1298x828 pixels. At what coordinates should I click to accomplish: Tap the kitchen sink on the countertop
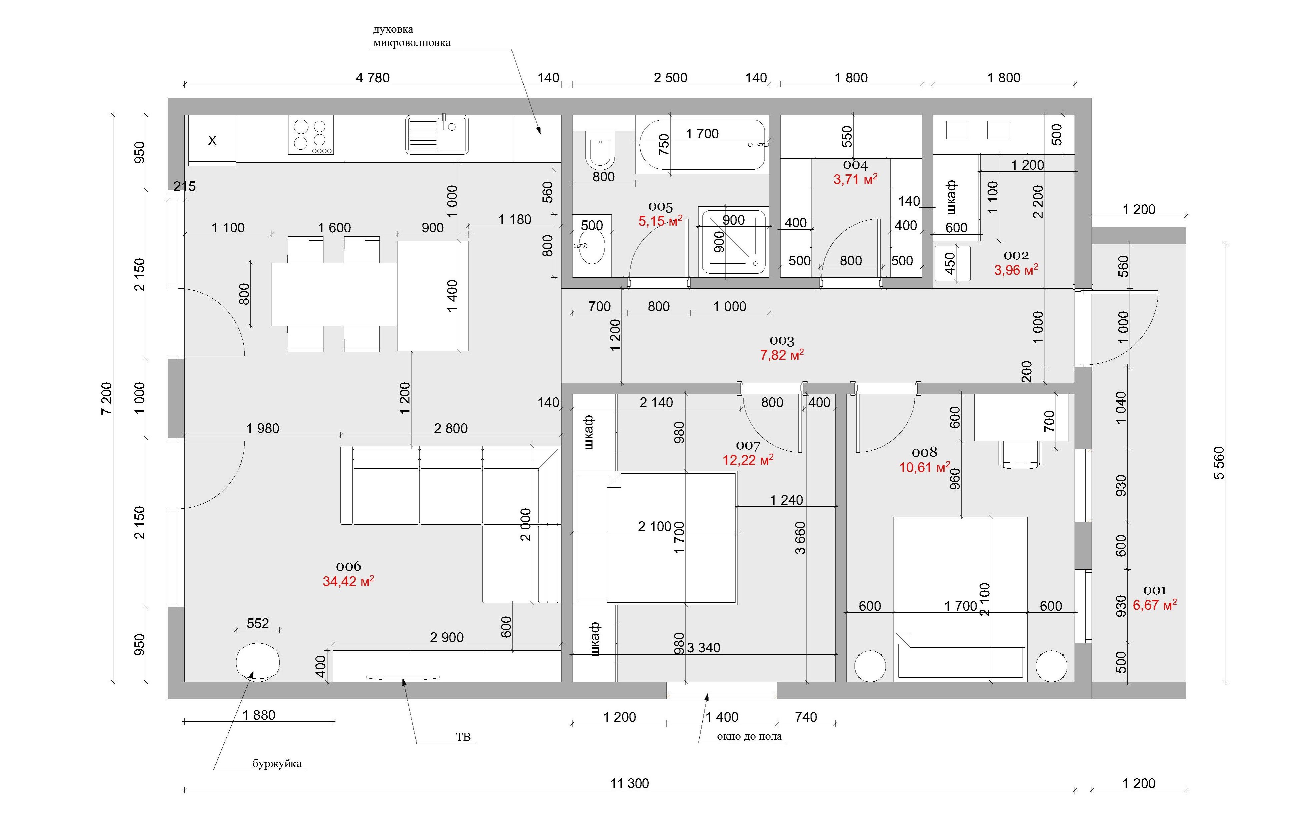tap(437, 135)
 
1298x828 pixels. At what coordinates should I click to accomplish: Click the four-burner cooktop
tap(310, 135)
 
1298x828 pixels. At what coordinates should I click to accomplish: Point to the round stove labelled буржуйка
tap(258, 662)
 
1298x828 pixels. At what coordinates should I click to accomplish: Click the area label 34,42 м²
tap(348, 581)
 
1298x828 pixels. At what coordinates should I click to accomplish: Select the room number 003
tap(782, 341)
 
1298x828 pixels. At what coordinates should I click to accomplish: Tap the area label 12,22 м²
tap(748, 460)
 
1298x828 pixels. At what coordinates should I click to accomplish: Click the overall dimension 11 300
tap(629, 783)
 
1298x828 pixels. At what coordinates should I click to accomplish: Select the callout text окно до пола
tap(749, 736)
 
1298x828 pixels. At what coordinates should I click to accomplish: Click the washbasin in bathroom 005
tap(591, 247)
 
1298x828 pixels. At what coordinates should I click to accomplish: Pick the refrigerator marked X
tap(212, 140)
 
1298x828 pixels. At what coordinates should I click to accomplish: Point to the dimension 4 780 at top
tap(372, 78)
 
